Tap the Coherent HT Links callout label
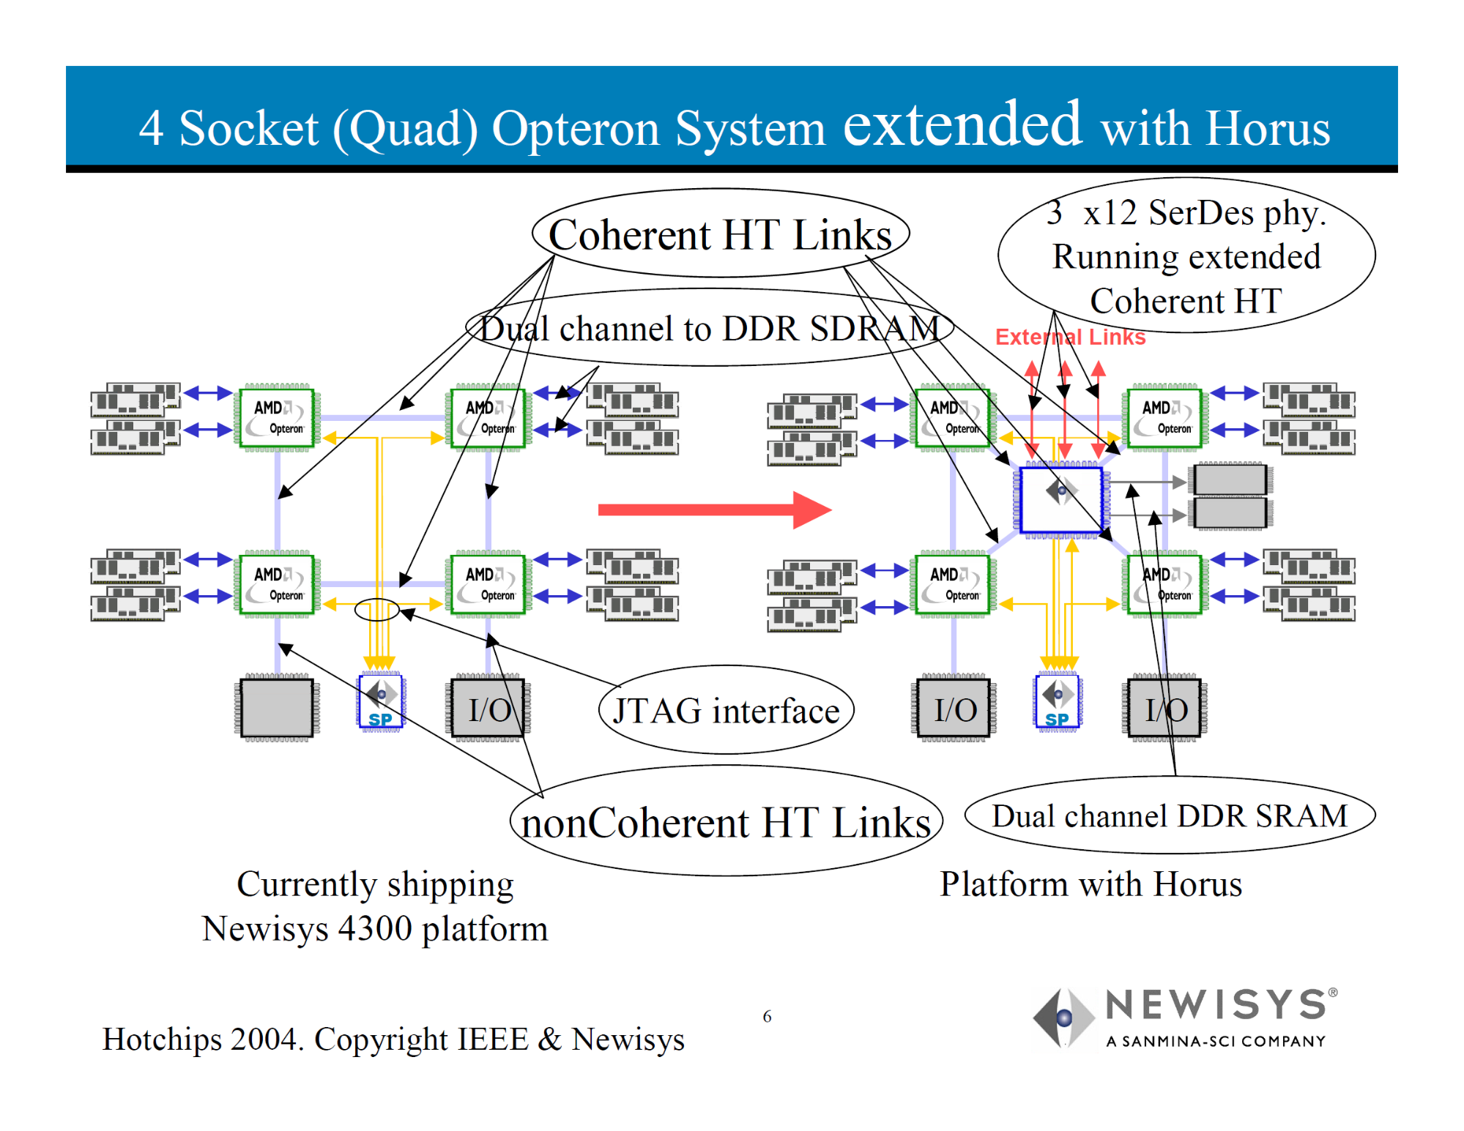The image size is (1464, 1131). tap(720, 235)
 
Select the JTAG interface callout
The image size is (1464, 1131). tap(726, 711)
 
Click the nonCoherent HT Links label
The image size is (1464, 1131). tap(726, 823)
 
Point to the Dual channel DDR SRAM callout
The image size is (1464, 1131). tap(1170, 816)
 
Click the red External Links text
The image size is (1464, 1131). tap(1070, 337)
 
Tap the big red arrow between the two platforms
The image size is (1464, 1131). tap(714, 509)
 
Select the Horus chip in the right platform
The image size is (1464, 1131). tap(1061, 500)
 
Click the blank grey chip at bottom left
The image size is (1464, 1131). tap(277, 707)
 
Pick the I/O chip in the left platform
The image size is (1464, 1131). tap(488, 709)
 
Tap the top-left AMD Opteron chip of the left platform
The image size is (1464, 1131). tap(277, 417)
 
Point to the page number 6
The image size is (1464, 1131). tap(767, 1016)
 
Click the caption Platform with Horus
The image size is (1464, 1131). tap(1090, 884)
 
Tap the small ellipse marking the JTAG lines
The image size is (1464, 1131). tap(376, 609)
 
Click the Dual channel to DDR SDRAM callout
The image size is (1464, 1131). tap(709, 329)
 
